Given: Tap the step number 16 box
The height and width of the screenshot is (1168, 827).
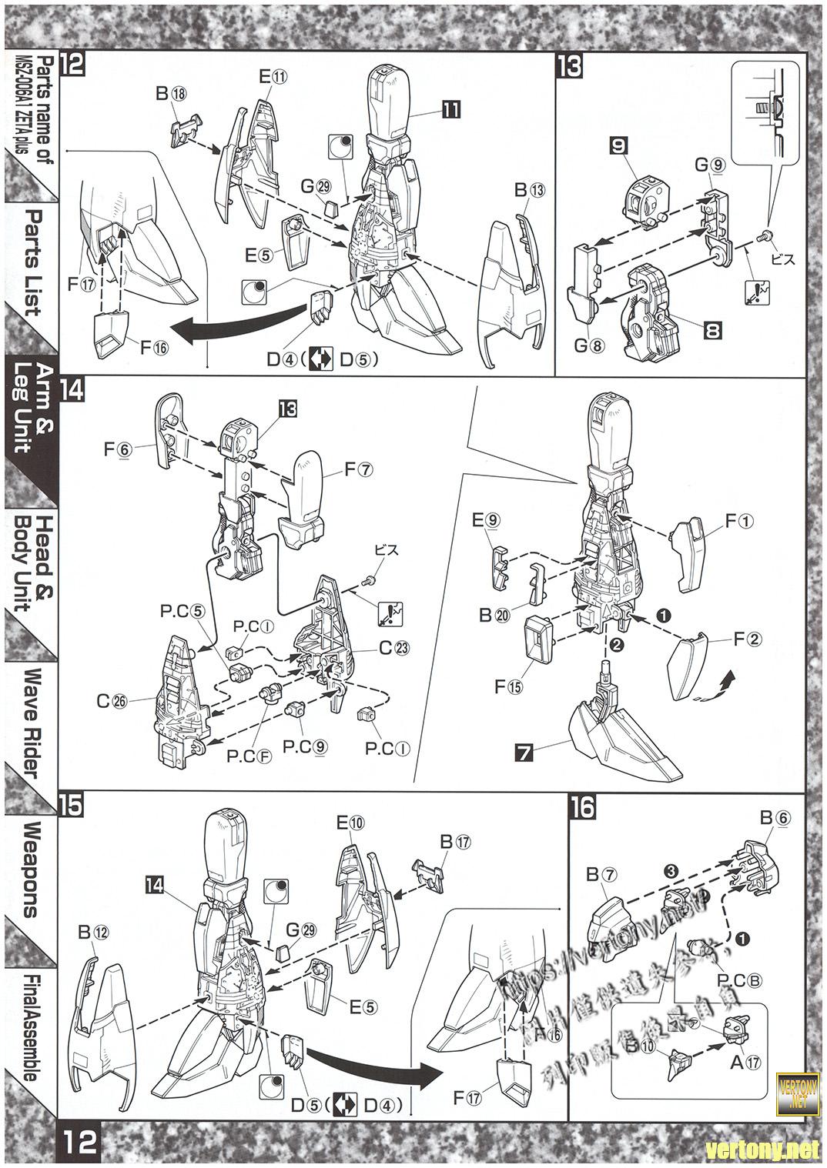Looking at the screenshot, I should (x=582, y=808).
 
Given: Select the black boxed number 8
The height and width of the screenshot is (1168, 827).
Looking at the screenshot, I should (x=712, y=332).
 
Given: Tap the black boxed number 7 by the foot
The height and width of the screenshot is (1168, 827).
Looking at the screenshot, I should (x=524, y=753).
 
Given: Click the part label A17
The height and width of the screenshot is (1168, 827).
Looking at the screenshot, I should (x=745, y=1063).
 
